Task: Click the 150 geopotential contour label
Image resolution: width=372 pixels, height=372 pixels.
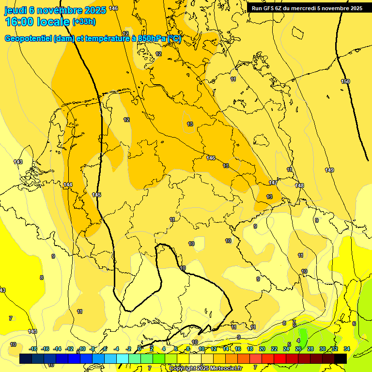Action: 345,81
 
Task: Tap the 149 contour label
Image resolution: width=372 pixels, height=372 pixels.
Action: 329,170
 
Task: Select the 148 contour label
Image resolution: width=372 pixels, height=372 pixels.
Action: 299,186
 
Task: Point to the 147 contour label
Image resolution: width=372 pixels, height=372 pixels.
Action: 273,183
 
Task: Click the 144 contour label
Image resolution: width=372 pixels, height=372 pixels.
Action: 68,185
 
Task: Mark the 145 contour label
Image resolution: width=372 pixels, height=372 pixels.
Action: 96,195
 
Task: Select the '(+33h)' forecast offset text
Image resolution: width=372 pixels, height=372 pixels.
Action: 84,22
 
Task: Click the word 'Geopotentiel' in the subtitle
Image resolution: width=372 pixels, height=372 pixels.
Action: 28,39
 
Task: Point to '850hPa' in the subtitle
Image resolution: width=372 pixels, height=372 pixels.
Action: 152,39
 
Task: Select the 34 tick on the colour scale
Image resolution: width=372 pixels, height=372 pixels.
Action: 347,349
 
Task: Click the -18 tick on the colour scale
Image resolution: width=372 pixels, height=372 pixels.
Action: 33,349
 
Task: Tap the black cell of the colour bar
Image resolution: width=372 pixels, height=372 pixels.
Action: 341,358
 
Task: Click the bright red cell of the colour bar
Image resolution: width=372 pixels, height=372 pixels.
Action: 280,358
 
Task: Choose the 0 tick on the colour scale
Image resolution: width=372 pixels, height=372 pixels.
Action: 139,349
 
